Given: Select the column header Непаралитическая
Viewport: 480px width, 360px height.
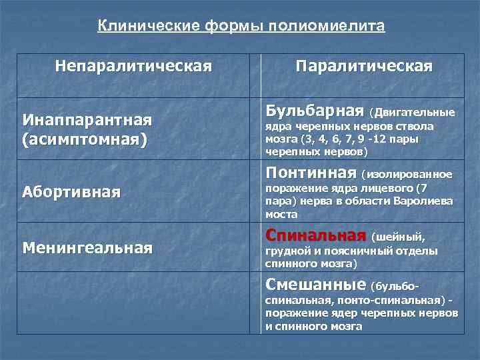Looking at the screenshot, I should point(134,66).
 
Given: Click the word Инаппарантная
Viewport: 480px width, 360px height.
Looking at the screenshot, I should point(87,120).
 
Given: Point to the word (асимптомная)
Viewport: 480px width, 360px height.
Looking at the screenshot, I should point(84,141).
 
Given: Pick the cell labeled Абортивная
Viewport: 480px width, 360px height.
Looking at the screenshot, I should point(71,193).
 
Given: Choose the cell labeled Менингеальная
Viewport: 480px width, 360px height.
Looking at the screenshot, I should point(87,248).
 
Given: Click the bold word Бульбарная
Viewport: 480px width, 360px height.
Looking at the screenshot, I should point(314,109).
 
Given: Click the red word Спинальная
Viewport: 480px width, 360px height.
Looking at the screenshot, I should point(316,235).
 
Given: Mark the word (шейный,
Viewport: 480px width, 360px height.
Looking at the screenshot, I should point(398,237).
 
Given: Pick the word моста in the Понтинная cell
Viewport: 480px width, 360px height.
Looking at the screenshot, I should point(281,215).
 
